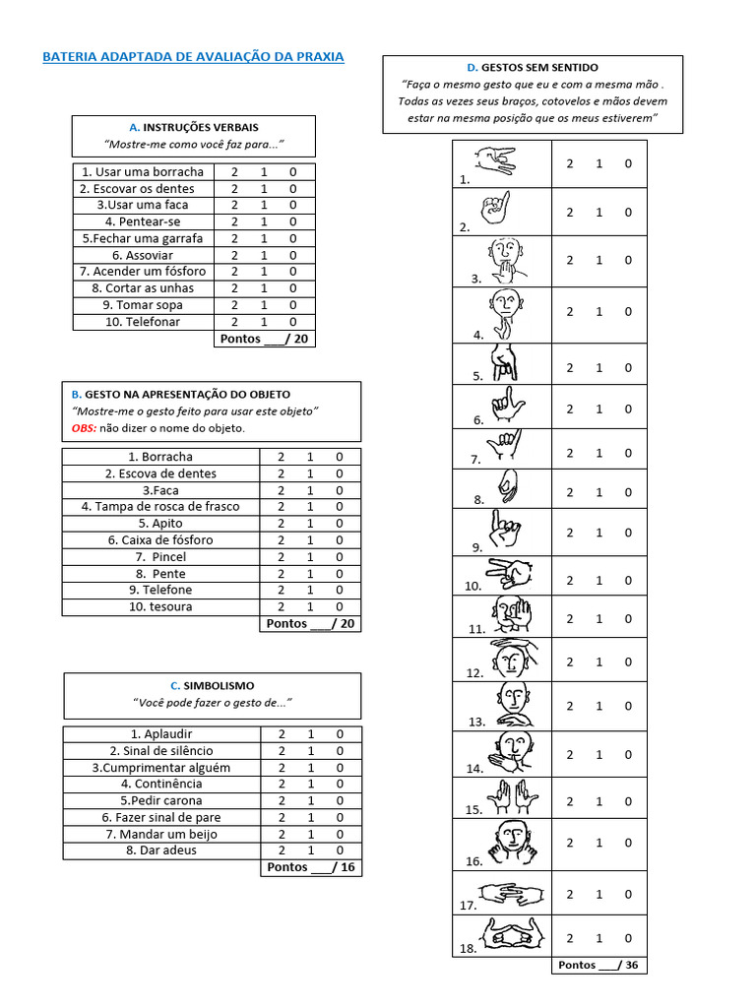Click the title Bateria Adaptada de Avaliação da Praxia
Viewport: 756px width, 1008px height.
tap(193, 57)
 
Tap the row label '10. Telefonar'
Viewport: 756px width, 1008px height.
tap(143, 321)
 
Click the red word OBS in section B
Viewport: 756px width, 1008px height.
tap(84, 428)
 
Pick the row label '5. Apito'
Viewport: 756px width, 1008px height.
tap(160, 523)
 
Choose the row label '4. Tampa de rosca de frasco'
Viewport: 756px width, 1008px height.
tap(160, 506)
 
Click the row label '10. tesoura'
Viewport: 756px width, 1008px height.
tap(160, 606)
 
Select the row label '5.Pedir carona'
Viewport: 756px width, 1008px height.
tap(161, 800)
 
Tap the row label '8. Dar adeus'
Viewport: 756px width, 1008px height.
tap(161, 850)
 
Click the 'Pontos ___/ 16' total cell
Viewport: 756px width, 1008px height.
tap(311, 867)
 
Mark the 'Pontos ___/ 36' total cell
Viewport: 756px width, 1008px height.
tap(598, 965)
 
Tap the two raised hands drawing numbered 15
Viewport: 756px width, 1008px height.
tap(512, 796)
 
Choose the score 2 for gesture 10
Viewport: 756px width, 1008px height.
tap(570, 580)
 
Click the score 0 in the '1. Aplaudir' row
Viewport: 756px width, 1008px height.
tap(340, 733)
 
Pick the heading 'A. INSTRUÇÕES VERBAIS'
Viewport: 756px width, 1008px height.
tap(194, 128)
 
